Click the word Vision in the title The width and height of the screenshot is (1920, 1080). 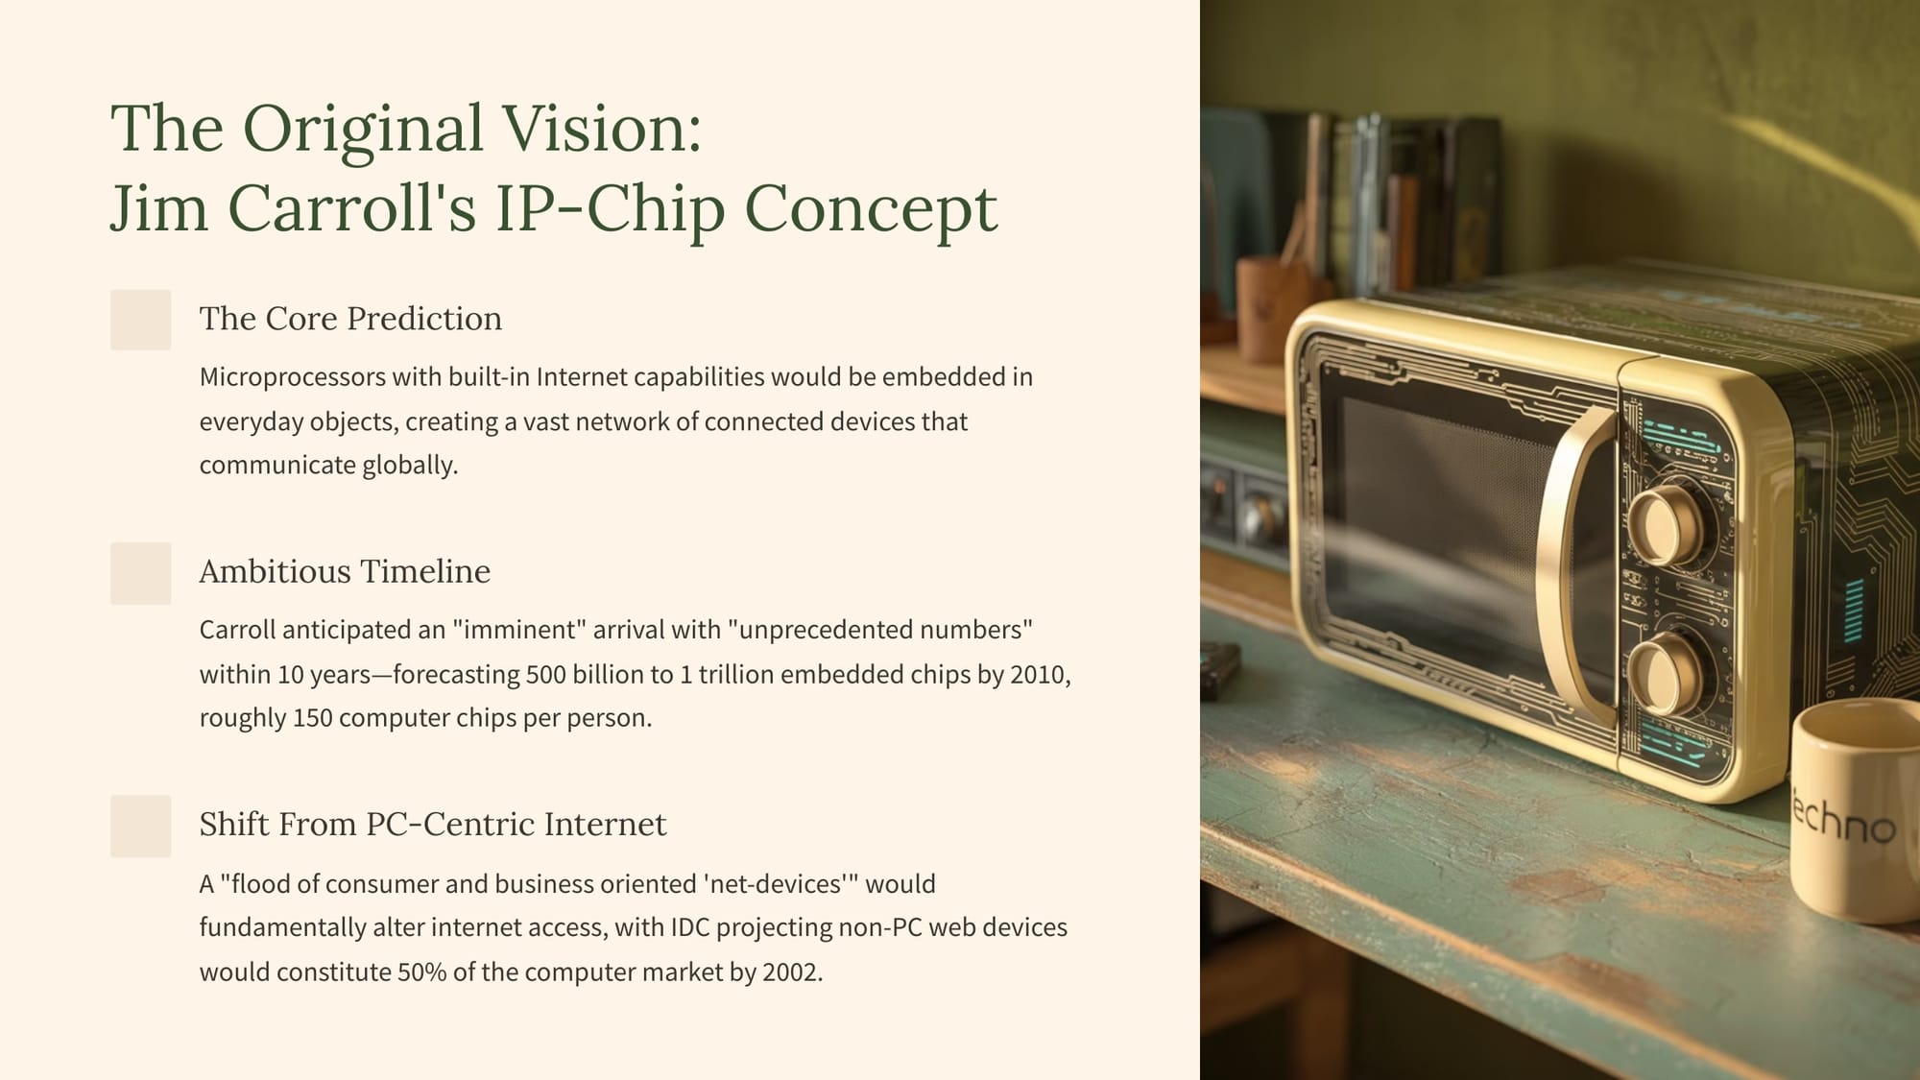coord(602,128)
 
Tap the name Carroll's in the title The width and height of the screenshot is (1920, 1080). coord(351,208)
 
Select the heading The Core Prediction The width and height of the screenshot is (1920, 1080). coord(350,318)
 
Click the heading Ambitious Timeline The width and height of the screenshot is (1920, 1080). coord(345,571)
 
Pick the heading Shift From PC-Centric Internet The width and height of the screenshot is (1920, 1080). coord(433,824)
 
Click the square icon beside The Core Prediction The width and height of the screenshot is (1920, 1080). coord(141,320)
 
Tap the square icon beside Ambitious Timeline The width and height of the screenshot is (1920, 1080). coord(141,573)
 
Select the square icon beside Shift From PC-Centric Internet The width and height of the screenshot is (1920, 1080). coord(141,826)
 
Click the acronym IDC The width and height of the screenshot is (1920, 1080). coord(689,927)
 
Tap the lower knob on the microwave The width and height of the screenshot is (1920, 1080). coord(1668,671)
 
